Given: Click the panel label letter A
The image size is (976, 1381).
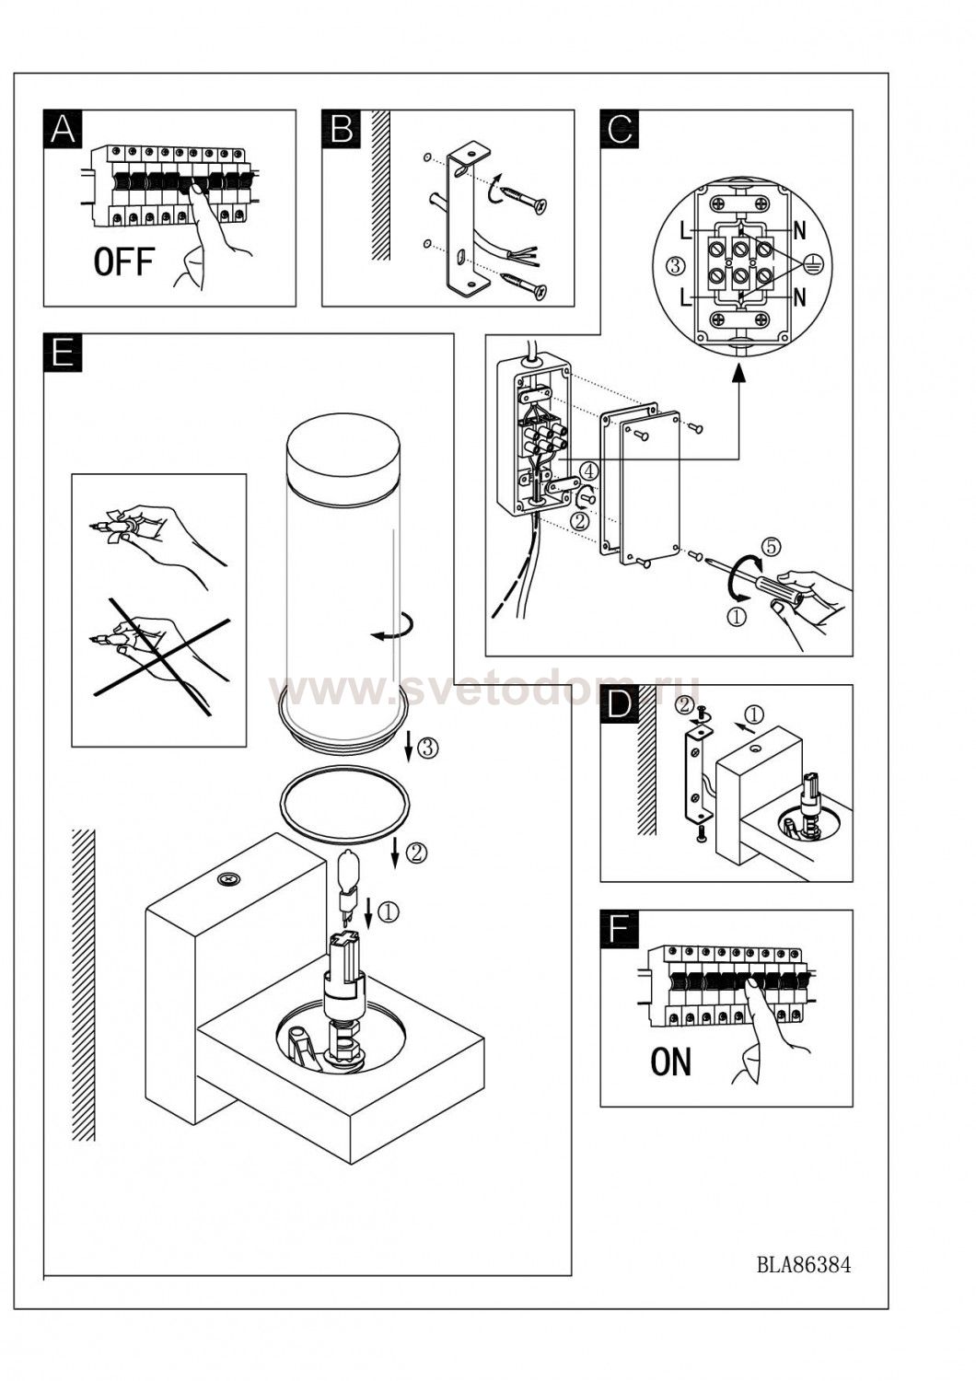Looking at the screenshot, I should pyautogui.click(x=63, y=129).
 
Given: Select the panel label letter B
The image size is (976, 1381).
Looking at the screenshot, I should pyautogui.click(x=341, y=129).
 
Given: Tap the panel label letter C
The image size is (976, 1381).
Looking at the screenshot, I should pyautogui.click(x=620, y=129).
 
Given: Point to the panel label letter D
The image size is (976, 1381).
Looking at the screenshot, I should pyautogui.click(x=620, y=704).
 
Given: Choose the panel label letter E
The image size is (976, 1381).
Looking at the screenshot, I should pyautogui.click(x=63, y=353).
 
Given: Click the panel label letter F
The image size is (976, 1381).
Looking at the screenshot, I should pyautogui.click(x=620, y=929).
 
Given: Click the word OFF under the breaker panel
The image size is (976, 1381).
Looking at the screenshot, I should pyautogui.click(x=122, y=262).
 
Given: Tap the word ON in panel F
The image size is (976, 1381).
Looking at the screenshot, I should pyautogui.click(x=670, y=1062).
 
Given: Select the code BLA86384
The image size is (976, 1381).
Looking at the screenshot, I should pyautogui.click(x=804, y=1264).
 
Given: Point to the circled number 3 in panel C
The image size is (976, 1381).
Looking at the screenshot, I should pyautogui.click(x=674, y=266).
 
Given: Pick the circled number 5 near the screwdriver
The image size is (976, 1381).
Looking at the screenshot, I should pyautogui.click(x=772, y=546).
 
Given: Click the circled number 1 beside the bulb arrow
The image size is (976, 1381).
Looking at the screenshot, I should pyautogui.click(x=389, y=911).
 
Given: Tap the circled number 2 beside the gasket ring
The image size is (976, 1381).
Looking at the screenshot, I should pyautogui.click(x=415, y=853).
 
